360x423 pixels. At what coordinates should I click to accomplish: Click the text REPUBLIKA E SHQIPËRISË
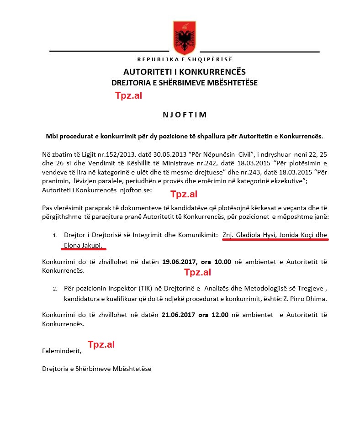(x=185, y=60)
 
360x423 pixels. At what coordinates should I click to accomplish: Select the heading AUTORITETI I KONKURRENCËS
(x=185, y=72)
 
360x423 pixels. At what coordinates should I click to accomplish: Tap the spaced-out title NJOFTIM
(x=185, y=115)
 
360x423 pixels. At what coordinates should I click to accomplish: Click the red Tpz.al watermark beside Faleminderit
(x=101, y=344)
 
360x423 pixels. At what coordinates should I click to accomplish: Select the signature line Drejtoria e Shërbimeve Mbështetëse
(x=96, y=368)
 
